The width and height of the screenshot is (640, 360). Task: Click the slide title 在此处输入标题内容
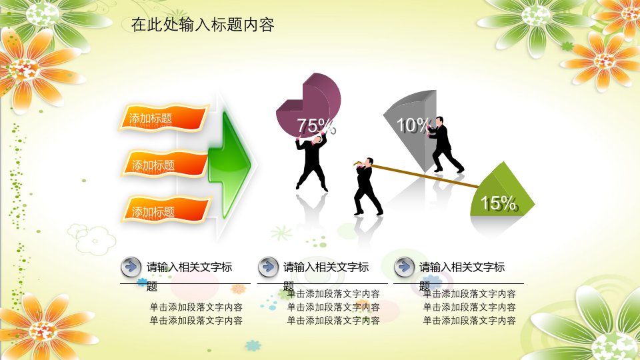203,25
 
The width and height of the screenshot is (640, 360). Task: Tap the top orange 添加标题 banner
164,118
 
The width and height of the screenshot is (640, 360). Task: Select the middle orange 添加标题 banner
165,165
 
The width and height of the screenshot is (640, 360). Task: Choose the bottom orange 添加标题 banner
166,210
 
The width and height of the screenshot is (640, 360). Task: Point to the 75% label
316,126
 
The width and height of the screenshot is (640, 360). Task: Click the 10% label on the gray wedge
413,125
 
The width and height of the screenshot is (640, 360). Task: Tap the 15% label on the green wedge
499,203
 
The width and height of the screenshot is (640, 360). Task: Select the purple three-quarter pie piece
309,105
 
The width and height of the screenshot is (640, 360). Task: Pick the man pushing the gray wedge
443,145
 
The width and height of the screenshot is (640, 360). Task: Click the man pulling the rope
367,186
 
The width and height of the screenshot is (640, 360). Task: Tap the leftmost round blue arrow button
131,267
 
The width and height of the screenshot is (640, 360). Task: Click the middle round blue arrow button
268,267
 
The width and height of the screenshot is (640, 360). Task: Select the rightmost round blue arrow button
404,267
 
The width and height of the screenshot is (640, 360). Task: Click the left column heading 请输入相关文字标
189,267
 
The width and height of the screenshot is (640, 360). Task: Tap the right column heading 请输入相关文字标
462,267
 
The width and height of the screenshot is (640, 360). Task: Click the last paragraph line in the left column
196,321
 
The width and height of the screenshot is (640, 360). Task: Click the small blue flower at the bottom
253,345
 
